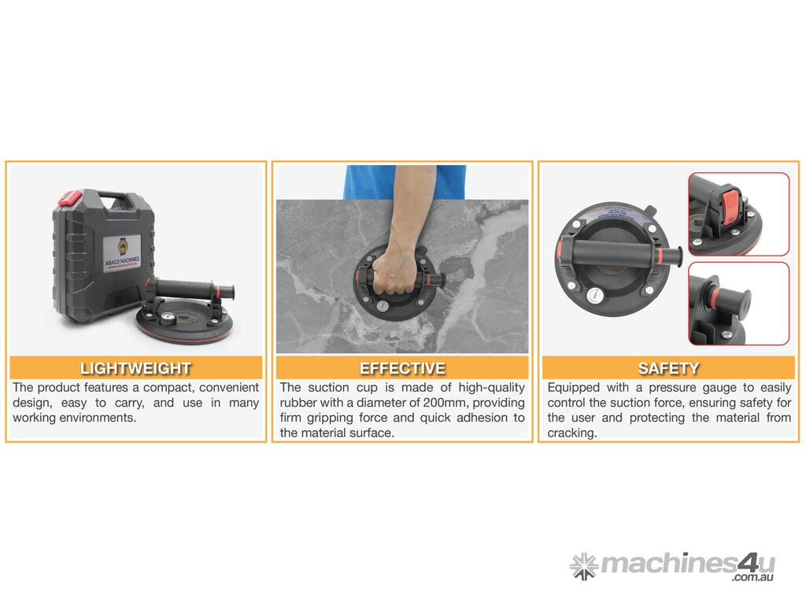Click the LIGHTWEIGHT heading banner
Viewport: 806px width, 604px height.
tap(135, 368)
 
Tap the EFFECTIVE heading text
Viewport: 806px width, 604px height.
tap(402, 368)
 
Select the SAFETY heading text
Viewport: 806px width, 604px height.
tap(668, 368)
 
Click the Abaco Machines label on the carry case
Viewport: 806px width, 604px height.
tap(122, 255)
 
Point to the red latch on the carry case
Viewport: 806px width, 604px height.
tap(70, 197)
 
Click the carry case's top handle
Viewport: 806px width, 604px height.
tap(118, 200)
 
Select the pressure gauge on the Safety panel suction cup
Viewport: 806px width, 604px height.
tap(595, 296)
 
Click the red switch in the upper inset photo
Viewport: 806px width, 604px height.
tap(730, 208)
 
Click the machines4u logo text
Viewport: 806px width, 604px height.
tap(688, 563)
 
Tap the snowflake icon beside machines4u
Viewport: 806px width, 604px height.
tap(584, 566)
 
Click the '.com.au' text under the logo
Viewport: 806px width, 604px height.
tap(753, 577)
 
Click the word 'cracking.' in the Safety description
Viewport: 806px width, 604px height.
tap(572, 433)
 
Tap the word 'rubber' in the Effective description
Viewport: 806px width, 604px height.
tap(297, 403)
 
